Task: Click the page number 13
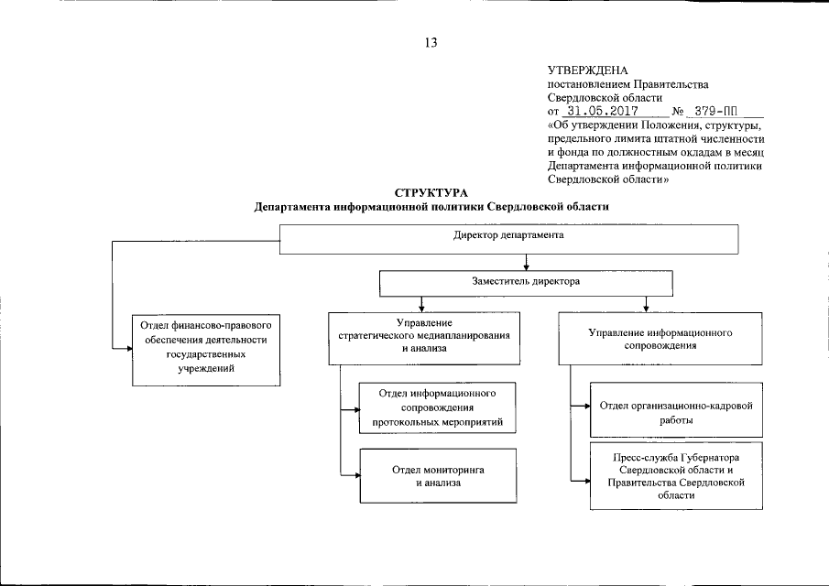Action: (x=431, y=41)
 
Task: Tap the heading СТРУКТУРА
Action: (x=431, y=192)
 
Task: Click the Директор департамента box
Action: (x=507, y=237)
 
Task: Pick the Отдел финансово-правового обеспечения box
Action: (x=206, y=347)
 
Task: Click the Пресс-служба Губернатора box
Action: (x=676, y=475)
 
